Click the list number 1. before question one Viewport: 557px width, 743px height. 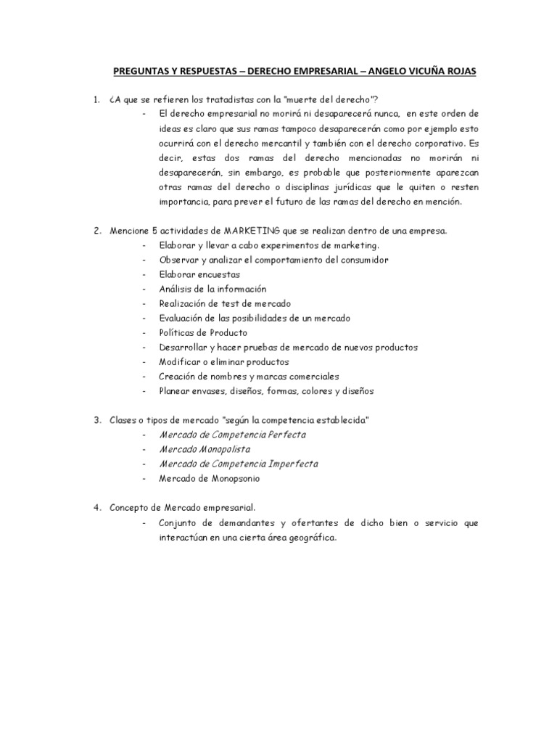[x=96, y=99]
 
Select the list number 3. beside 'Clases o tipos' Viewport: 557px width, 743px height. [x=96, y=420]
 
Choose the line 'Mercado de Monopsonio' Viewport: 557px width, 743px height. [x=210, y=478]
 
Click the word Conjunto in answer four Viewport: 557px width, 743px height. [x=178, y=523]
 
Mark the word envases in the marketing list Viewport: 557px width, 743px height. [x=213, y=390]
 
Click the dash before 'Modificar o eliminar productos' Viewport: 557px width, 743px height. [x=145, y=361]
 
